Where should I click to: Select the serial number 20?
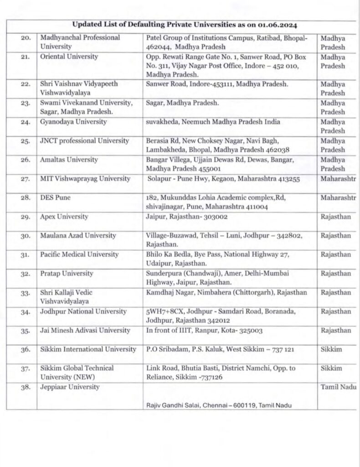[26, 37]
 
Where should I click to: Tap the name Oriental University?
[69, 57]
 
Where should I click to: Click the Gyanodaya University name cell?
[73, 122]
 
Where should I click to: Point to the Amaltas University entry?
[68, 160]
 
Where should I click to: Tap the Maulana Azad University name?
[78, 235]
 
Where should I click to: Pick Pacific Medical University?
[79, 254]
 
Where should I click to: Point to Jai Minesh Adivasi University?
[84, 330]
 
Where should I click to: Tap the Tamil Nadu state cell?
[339, 387]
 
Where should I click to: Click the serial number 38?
[26, 387]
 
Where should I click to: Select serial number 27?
[26, 179]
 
